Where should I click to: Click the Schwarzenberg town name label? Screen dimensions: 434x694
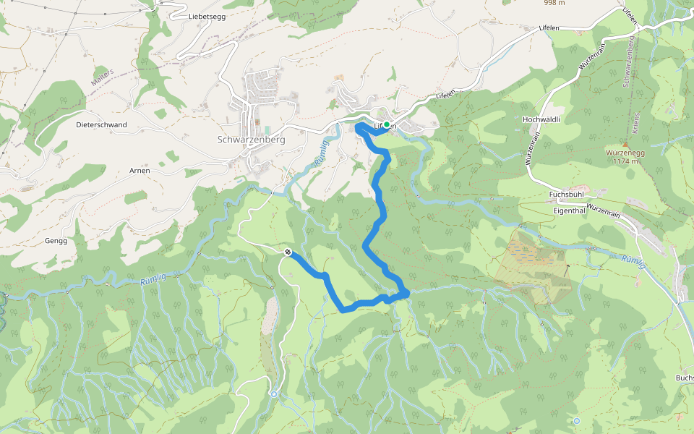tap(251, 139)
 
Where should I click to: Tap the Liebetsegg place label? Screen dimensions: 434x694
tap(207, 17)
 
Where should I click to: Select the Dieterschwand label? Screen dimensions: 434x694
tap(101, 124)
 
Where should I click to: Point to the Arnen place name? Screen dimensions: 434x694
tap(140, 170)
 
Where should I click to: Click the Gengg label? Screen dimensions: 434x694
tap(56, 241)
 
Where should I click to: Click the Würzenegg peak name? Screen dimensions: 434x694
tap(626, 153)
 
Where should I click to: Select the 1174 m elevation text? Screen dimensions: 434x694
tap(626, 161)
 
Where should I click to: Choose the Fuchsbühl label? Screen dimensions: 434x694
tap(566, 195)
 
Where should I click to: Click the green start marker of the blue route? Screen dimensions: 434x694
tap(387, 125)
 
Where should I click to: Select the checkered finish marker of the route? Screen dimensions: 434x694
tap(288, 252)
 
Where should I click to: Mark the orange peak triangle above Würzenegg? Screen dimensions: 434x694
tap(626, 143)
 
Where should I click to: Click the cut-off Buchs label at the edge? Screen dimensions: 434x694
tap(684, 378)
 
